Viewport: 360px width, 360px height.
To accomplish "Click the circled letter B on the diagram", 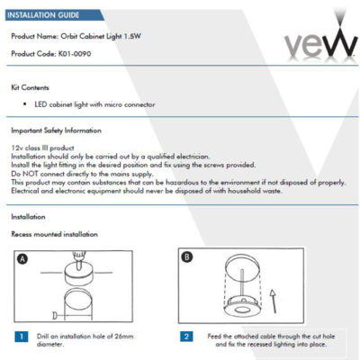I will (185, 256).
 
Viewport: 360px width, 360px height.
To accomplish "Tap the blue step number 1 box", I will (20, 336).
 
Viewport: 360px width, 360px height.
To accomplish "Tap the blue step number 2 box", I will (184, 336).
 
